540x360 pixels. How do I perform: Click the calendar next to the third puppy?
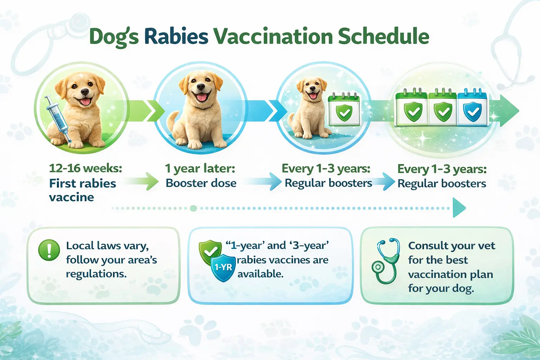(344, 110)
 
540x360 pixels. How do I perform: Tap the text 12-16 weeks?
(85, 168)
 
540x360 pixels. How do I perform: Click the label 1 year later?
(200, 168)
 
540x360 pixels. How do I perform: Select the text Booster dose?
(201, 183)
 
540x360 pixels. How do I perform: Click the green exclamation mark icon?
(49, 250)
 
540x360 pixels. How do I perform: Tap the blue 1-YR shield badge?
(223, 268)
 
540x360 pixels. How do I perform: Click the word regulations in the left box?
(96, 274)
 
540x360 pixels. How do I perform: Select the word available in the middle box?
(260, 274)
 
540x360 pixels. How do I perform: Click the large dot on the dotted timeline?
(193, 208)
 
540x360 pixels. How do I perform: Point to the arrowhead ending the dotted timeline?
(459, 208)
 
